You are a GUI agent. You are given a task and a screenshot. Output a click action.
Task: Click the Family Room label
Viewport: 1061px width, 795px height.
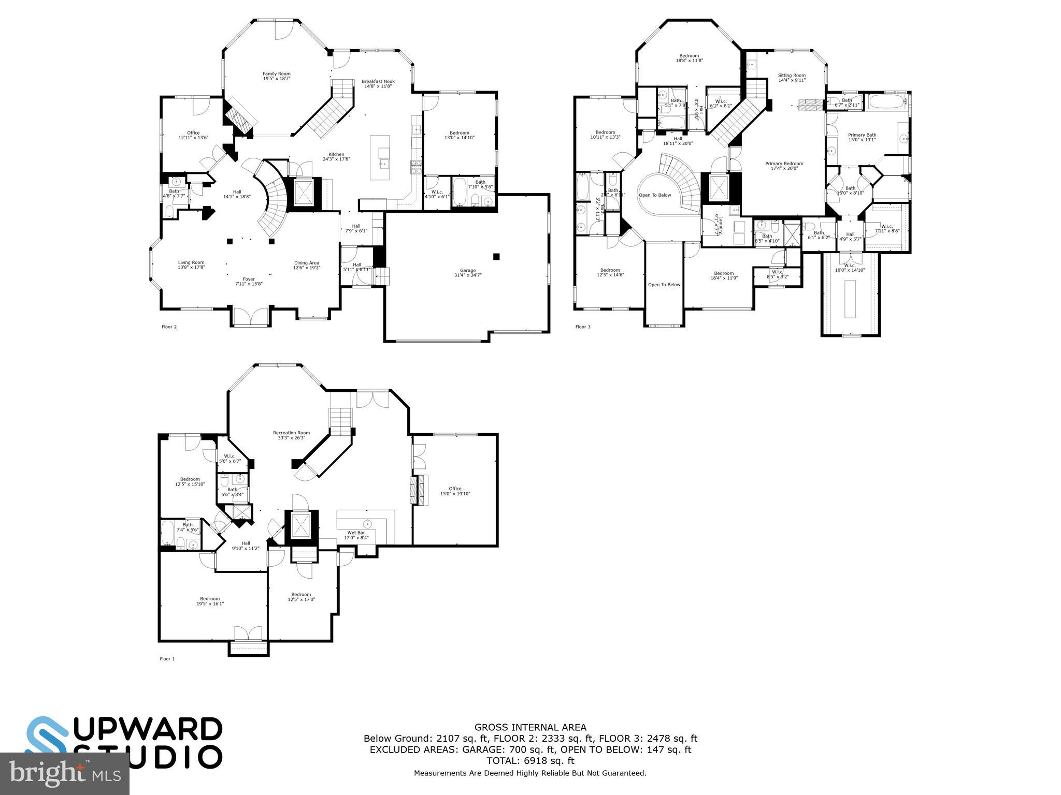tap(276, 73)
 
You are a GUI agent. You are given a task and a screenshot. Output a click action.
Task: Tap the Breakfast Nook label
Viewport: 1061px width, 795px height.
tap(378, 81)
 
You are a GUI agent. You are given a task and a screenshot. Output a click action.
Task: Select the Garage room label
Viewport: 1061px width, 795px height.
tap(468, 270)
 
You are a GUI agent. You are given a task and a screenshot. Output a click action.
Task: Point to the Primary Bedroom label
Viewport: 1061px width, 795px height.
tap(784, 164)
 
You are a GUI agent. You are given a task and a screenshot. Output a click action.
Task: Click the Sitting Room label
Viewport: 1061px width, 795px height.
tap(792, 75)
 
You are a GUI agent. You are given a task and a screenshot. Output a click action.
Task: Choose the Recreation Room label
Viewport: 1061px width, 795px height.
tap(291, 433)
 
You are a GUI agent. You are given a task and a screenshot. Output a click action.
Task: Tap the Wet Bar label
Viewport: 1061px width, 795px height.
tap(356, 533)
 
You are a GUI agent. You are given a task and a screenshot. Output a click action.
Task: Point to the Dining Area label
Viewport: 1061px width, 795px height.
tap(307, 262)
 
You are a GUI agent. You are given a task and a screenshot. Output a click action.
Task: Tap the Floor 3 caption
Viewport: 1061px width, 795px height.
tap(583, 327)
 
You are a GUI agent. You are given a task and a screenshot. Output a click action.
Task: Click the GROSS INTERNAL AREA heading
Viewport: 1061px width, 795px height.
tap(530, 727)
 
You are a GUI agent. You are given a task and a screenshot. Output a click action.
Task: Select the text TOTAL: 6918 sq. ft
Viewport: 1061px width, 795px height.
tap(530, 761)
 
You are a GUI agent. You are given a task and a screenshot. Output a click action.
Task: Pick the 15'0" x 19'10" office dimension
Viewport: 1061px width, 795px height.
tap(455, 494)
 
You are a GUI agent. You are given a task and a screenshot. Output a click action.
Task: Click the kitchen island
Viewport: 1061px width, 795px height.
tap(380, 157)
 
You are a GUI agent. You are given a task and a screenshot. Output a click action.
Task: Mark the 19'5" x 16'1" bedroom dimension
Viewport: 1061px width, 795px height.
tap(210, 603)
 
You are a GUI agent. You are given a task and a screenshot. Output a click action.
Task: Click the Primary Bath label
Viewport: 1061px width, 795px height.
tap(862, 135)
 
